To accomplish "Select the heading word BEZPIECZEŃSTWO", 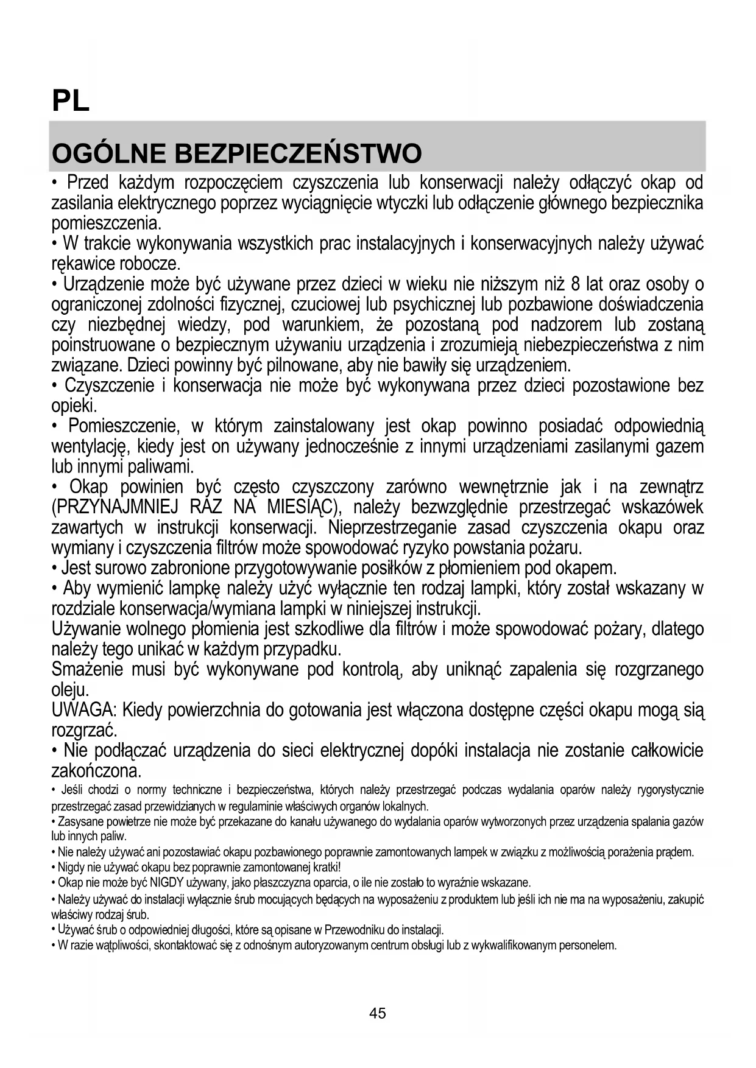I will pyautogui.click(x=298, y=154).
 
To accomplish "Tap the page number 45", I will pyautogui.click(x=378, y=1013).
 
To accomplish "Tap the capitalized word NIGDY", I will pyautogui.click(x=136, y=883).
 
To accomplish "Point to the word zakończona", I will pyautogui.click(x=96, y=771).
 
